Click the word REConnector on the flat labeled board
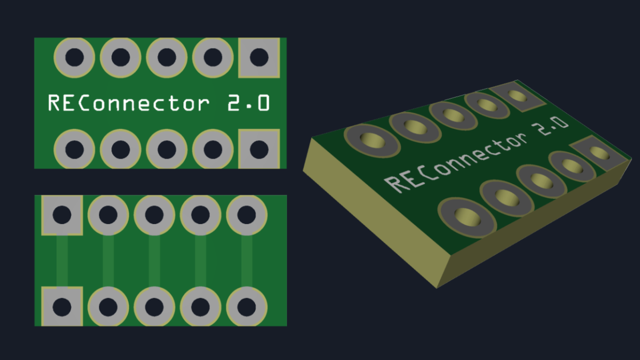point(128,103)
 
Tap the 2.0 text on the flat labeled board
point(249,103)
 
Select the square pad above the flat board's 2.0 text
point(259,57)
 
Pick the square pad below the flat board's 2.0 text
point(259,149)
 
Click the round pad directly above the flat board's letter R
point(74,57)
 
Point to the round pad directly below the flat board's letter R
point(74,149)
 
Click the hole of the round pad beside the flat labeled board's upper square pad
point(212,56)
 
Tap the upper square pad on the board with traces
point(62,215)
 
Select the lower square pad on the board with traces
point(62,307)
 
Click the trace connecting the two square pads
point(62,261)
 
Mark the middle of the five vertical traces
point(155,261)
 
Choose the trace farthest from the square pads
point(247,261)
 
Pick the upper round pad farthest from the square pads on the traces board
point(247,215)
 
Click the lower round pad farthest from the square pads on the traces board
point(247,307)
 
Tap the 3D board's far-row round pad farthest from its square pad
point(372,140)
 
